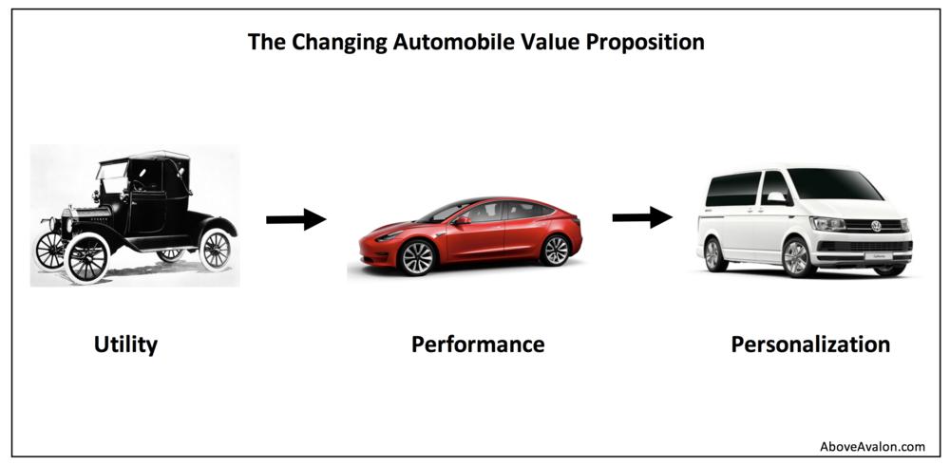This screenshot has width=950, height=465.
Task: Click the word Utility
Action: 125,345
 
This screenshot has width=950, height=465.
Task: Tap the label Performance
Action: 478,344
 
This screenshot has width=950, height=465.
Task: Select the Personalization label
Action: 810,344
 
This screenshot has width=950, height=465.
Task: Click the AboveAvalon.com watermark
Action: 872,447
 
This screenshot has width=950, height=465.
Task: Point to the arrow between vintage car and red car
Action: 295,219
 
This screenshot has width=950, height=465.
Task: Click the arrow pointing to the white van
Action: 642,216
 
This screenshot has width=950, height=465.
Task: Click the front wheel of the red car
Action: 417,257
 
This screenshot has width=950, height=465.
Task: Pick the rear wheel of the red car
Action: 555,251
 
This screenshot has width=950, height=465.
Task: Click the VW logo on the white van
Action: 876,226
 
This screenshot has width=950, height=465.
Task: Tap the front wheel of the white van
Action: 799,258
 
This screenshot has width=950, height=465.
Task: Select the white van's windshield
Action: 834,185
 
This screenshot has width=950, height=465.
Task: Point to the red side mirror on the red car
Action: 461,221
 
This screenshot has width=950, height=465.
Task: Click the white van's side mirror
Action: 777,198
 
